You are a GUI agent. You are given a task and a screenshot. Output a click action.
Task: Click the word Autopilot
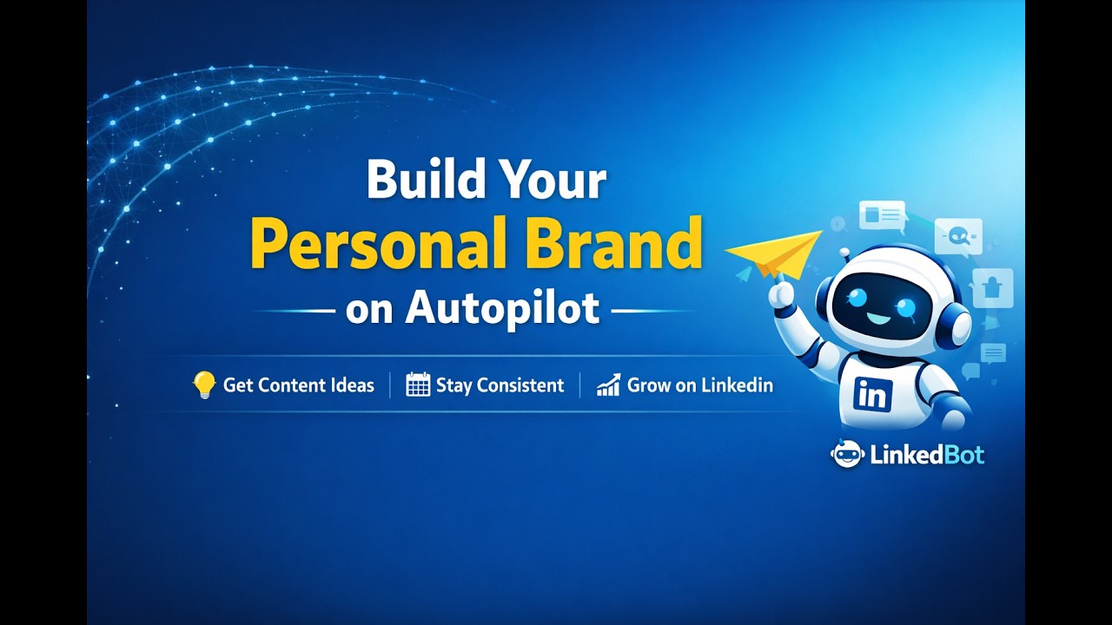point(502,309)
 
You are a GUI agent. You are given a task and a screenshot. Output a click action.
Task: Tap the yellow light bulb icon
point(204,385)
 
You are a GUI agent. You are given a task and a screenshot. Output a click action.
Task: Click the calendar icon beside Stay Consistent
point(418,385)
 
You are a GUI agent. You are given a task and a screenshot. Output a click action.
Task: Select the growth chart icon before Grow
point(608,385)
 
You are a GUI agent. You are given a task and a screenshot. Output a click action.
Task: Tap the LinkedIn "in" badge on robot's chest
point(872,394)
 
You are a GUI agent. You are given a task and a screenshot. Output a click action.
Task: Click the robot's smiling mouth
point(878,319)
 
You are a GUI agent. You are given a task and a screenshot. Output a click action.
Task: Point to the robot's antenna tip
point(844,253)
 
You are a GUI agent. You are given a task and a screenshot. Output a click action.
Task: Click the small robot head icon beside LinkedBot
point(846,454)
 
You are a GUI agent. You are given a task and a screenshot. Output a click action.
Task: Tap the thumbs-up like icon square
point(992,287)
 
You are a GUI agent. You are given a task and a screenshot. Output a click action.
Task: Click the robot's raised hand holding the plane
point(783,293)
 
